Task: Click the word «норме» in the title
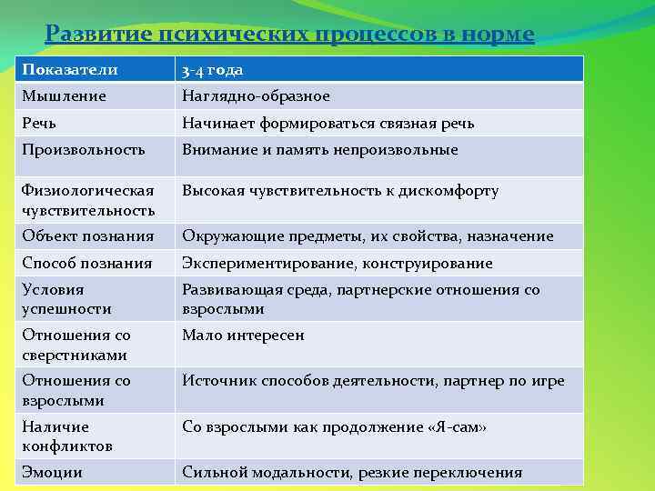[490, 35]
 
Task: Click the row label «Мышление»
[64, 95]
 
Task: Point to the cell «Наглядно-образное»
[256, 95]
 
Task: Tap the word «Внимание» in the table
[218, 149]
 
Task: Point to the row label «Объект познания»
[87, 235]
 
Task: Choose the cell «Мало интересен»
[243, 336]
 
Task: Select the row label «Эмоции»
[52, 472]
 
